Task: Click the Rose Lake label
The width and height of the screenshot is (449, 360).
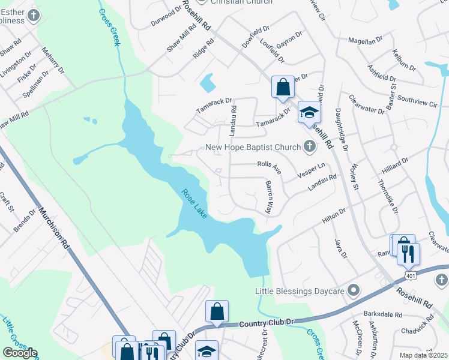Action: [x=195, y=203]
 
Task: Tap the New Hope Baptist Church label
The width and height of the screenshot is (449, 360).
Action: [x=253, y=147]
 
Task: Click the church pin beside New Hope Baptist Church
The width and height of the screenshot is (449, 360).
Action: [x=309, y=145]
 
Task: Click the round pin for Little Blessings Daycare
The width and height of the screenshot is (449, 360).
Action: [x=354, y=291]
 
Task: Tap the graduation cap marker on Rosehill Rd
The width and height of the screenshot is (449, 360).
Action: [x=309, y=112]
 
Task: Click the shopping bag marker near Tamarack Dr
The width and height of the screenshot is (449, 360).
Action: [x=283, y=87]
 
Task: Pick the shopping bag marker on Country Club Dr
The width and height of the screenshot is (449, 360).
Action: [x=217, y=311]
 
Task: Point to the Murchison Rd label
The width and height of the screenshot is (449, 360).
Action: [x=55, y=229]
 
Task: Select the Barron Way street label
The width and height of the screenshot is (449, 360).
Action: [x=269, y=197]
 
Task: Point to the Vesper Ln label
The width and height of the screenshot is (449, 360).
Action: [x=313, y=171]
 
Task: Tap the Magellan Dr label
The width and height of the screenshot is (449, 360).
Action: [x=366, y=40]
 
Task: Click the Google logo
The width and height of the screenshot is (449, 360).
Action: [x=20, y=352]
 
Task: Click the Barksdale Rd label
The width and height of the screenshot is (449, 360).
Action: [x=383, y=314]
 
